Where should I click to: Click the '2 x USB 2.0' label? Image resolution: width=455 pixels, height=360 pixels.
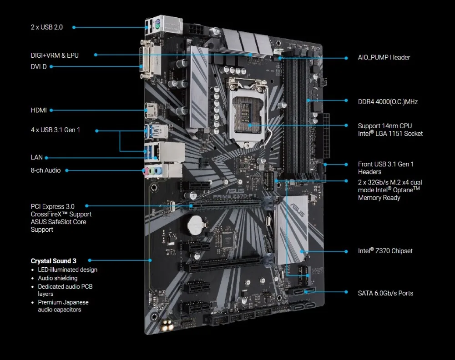[47, 27]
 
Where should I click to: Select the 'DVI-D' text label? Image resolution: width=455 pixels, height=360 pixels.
[39, 67]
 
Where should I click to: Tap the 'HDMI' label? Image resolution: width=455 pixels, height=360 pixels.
[39, 110]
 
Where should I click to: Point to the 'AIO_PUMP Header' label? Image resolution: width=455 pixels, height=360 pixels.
[384, 57]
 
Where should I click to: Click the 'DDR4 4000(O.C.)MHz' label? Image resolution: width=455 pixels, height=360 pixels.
[388, 102]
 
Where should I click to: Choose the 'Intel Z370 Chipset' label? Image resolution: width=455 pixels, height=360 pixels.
[385, 251]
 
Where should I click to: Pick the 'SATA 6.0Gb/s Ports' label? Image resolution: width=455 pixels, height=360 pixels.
[385, 293]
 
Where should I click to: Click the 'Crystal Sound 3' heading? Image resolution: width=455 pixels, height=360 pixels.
[53, 261]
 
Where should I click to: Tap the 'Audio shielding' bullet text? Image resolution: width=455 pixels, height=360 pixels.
[58, 278]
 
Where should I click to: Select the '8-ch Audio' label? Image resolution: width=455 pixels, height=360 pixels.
[45, 170]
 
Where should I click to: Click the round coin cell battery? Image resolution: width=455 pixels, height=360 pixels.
[196, 225]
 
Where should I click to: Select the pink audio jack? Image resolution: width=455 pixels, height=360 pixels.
[146, 171]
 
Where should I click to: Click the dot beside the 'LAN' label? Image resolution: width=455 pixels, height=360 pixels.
[46, 158]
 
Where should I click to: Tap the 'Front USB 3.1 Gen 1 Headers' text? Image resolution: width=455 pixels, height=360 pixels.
[386, 168]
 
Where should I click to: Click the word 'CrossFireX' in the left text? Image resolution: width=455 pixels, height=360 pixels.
[46, 214]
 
